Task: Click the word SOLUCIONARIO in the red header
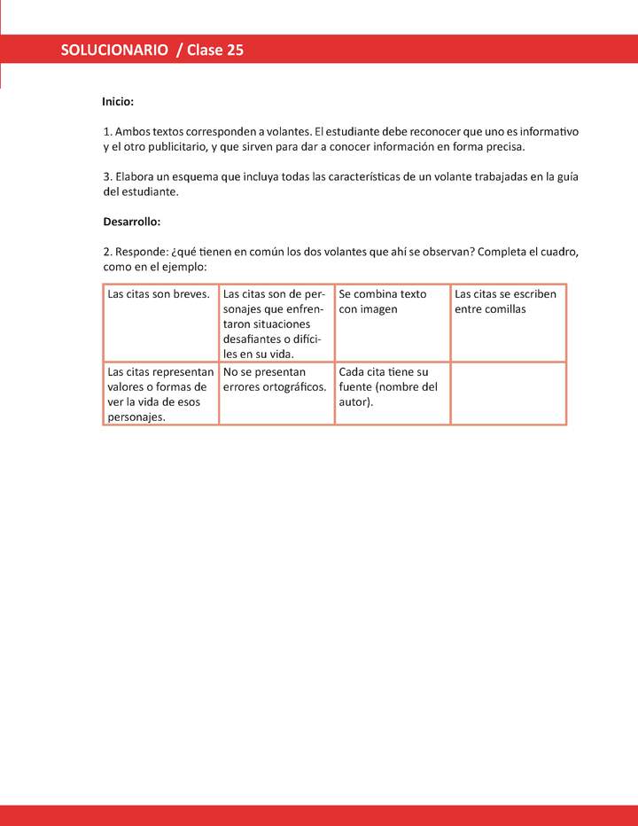(114, 51)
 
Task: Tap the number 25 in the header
(235, 51)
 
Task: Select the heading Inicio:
(118, 102)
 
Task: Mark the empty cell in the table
(508, 393)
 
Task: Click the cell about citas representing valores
(160, 394)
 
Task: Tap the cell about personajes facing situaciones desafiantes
(276, 323)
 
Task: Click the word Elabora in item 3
(137, 176)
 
